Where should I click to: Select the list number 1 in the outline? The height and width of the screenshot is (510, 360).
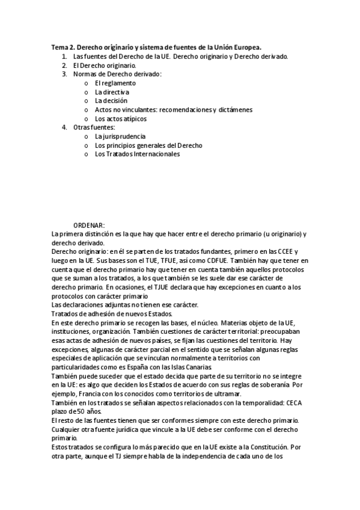pyautogui.click(x=64, y=57)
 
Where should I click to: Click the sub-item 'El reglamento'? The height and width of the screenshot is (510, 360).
pyautogui.click(x=115, y=83)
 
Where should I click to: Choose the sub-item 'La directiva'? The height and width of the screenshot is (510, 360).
pyautogui.click(x=112, y=92)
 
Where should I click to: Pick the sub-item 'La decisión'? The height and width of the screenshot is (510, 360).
pyautogui.click(x=111, y=101)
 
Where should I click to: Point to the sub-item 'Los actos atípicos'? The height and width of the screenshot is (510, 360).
pyautogui.click(x=120, y=118)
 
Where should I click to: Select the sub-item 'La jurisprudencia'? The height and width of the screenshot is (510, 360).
pyautogui.click(x=120, y=137)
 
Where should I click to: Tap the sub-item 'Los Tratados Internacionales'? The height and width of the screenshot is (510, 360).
pyautogui.click(x=137, y=154)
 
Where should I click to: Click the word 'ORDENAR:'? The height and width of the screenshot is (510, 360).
pyautogui.click(x=89, y=225)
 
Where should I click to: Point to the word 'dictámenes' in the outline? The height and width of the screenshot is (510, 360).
pyautogui.click(x=234, y=109)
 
